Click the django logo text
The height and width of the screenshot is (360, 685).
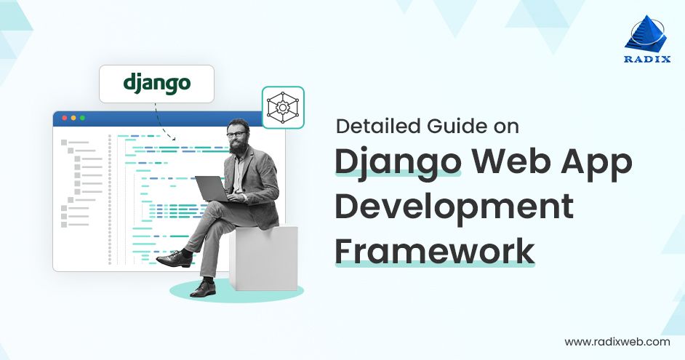tap(156, 84)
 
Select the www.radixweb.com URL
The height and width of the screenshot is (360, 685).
tap(617, 341)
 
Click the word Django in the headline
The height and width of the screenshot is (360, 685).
tap(397, 161)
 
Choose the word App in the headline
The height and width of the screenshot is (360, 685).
tap(596, 161)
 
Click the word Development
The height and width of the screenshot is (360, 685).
tap(454, 207)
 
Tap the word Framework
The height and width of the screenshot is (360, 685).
tap(434, 251)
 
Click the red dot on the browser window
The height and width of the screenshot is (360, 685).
tap(64, 118)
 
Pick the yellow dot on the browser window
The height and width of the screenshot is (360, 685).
tap(73, 118)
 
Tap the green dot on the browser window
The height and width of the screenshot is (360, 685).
tap(82, 118)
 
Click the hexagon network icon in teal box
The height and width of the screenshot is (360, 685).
tap(282, 108)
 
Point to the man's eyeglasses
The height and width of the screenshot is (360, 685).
tap(236, 134)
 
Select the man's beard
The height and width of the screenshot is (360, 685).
tap(237, 145)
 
